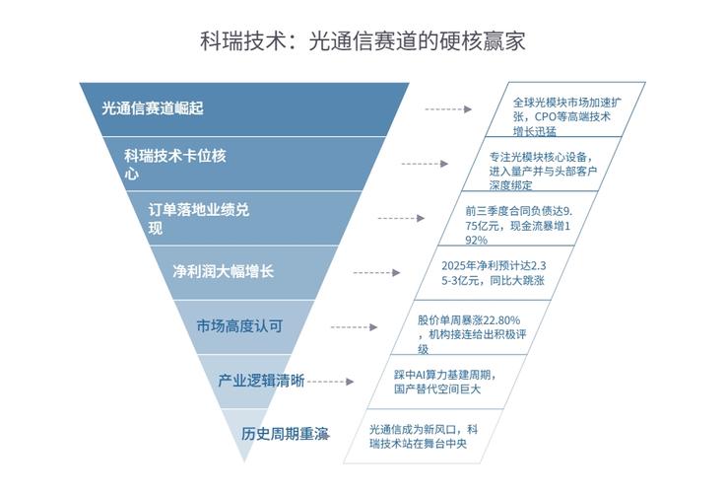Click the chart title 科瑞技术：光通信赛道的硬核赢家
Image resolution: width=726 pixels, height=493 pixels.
pos(363,40)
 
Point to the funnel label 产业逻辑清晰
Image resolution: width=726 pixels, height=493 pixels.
pos(261,381)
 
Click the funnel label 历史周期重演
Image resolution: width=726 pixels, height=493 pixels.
pos(285,434)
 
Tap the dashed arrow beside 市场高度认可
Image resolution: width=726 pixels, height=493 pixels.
pos(354,326)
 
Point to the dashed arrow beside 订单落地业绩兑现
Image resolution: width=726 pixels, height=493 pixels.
pos(400,218)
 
